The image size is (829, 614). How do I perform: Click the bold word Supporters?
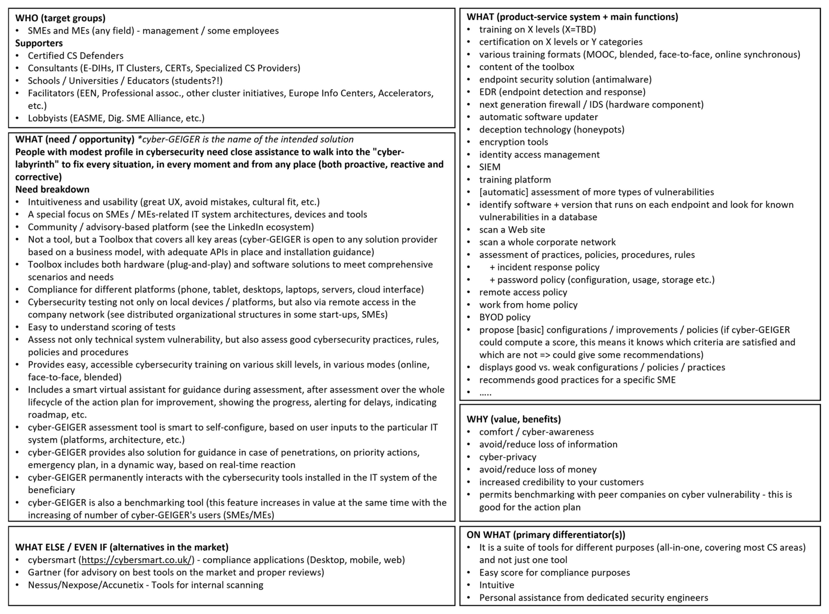pyautogui.click(x=39, y=43)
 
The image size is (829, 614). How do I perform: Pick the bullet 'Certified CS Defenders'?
pyautogui.click(x=76, y=56)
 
